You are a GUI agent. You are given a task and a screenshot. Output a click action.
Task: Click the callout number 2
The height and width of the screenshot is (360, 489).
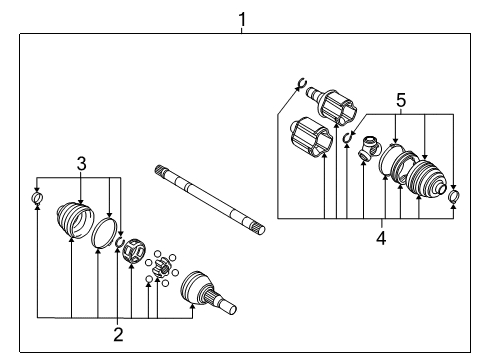click(x=118, y=334)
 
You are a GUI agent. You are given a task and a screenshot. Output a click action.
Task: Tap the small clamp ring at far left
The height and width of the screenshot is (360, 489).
click(x=37, y=203)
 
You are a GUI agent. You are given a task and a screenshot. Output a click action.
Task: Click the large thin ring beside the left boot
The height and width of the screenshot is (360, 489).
click(x=103, y=236)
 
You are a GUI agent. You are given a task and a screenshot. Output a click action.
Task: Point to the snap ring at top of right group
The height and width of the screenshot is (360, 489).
click(x=298, y=84)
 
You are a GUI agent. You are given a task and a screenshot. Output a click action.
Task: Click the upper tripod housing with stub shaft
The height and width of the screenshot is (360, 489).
click(x=332, y=105)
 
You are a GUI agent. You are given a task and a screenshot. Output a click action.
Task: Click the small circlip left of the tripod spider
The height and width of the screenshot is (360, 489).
click(x=348, y=137)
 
